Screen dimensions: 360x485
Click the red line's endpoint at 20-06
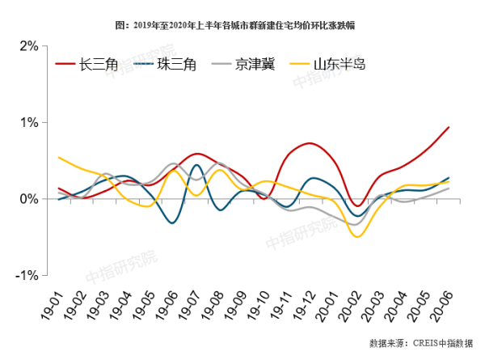tap(449, 127)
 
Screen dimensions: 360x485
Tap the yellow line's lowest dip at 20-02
tap(356, 236)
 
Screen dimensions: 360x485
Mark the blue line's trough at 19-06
tap(173, 222)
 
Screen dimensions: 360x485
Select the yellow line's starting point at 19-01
tap(59, 158)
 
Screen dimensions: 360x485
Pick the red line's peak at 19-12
tap(311, 143)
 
